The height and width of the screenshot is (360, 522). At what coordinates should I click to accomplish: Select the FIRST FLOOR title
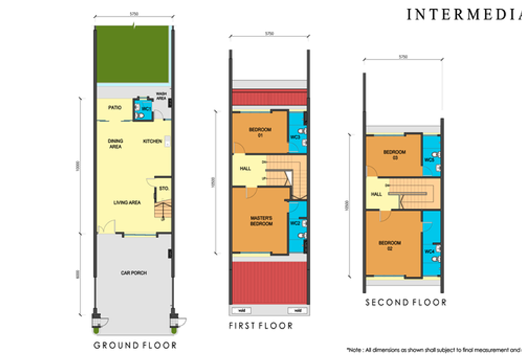pos(260,325)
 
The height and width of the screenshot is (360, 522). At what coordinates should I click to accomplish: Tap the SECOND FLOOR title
pos(405,302)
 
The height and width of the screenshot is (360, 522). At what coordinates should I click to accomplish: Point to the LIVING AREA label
pos(127,203)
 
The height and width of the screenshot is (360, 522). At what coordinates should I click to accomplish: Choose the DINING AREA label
pos(116,144)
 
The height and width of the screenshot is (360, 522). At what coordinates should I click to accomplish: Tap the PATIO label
pos(115,108)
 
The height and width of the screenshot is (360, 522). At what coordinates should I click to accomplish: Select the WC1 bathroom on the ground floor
pos(146,108)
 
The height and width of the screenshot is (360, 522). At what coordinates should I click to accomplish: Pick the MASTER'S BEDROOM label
pos(260,220)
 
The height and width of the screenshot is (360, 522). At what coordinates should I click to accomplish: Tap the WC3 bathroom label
pos(295,138)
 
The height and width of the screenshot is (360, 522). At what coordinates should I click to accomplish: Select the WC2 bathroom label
pos(295,224)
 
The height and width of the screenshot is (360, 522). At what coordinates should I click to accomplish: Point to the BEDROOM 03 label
pos(394,155)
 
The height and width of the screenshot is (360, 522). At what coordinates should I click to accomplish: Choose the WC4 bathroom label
pos(429,251)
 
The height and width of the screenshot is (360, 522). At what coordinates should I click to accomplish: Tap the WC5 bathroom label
pos(429,160)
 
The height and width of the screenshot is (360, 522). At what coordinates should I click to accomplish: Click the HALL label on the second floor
pos(376,194)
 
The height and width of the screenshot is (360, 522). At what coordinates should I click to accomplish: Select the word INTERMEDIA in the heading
pos(463,14)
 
